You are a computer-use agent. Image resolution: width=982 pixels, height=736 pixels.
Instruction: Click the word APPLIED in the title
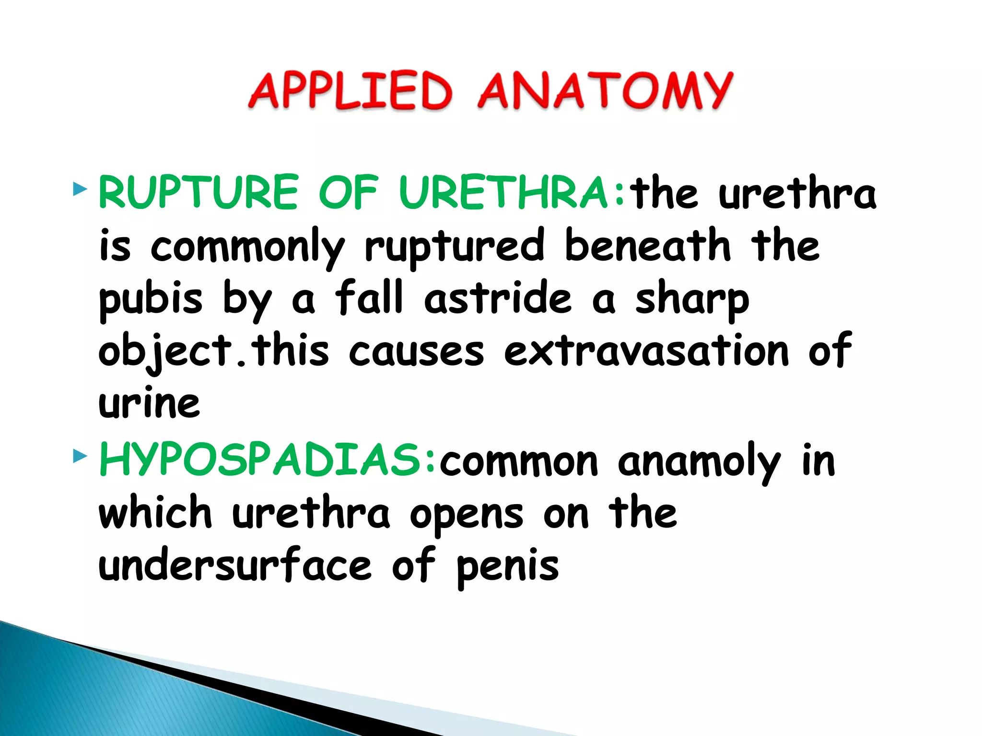350,91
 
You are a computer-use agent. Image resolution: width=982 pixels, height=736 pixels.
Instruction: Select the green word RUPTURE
199,192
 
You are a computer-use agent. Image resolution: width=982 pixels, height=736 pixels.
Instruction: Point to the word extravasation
646,351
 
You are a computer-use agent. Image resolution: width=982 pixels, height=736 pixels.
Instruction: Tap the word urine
149,403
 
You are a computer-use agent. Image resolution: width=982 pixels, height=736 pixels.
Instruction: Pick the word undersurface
235,566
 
